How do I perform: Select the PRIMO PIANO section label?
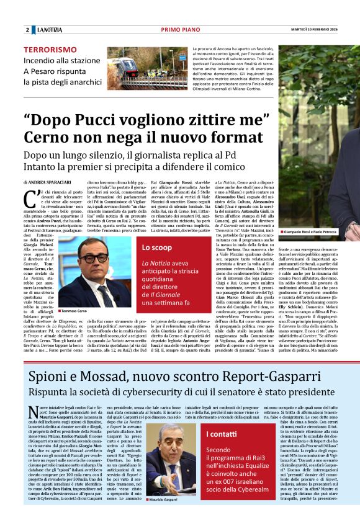pyautogui.click(x=179, y=30)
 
